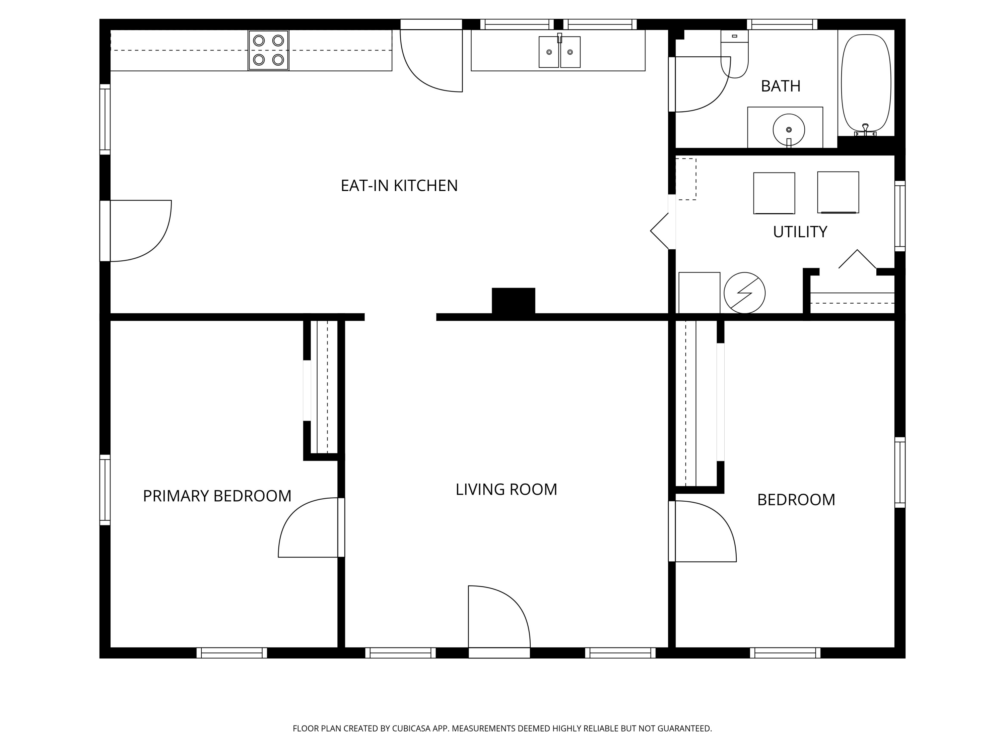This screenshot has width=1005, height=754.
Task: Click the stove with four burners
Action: [x=268, y=50]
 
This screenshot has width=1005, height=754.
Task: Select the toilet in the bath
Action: [x=734, y=54]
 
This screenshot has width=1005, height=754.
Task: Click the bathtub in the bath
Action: [x=866, y=84]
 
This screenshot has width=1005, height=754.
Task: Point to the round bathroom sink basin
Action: [x=789, y=130]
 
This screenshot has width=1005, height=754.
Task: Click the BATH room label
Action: [x=781, y=86]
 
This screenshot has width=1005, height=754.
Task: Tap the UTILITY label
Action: [x=800, y=232]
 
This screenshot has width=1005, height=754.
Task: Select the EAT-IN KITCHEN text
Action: [x=399, y=185]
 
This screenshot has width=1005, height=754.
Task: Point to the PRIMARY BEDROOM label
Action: [x=217, y=496]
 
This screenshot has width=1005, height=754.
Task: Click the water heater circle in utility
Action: [x=744, y=293]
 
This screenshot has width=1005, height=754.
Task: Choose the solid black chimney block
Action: [x=514, y=301]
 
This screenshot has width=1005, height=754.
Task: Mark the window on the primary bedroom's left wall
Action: [x=105, y=490]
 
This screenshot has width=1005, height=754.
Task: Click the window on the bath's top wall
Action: [x=782, y=24]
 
